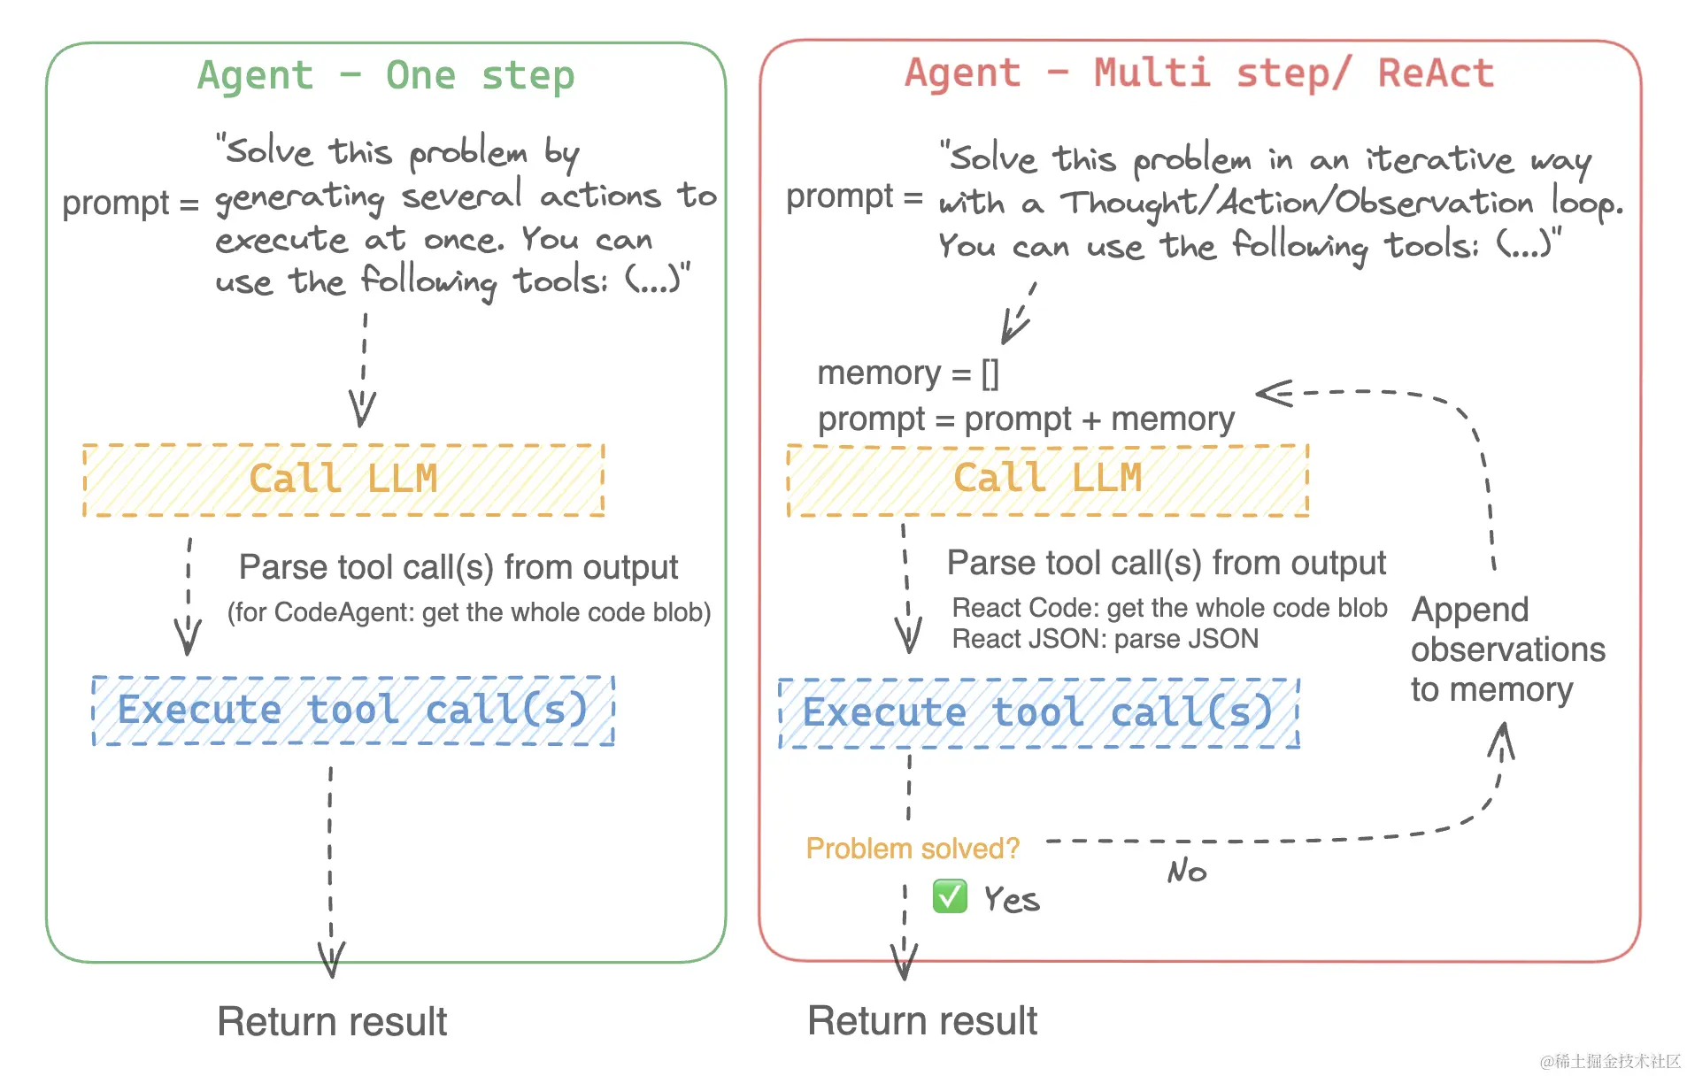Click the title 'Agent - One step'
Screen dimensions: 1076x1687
[386, 75]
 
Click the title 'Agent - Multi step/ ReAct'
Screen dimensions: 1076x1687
[1198, 73]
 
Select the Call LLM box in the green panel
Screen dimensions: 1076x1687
[343, 480]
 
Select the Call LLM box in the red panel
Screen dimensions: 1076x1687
[1047, 480]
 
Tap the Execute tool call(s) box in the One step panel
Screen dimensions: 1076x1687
[353, 711]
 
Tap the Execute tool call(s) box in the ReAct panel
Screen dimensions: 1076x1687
[1038, 713]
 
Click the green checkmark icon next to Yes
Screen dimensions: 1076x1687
[950, 896]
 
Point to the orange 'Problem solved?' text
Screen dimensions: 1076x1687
[913, 849]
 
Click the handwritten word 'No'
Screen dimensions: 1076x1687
[1186, 872]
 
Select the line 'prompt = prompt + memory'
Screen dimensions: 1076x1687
[1025, 419]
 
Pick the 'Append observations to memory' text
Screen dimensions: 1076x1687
[1506, 649]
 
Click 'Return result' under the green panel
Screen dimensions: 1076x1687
[332, 1022]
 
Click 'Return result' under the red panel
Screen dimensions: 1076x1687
[921, 1021]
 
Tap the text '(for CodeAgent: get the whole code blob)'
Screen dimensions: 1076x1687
[469, 612]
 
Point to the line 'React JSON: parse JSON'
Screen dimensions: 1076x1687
[1105, 639]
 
